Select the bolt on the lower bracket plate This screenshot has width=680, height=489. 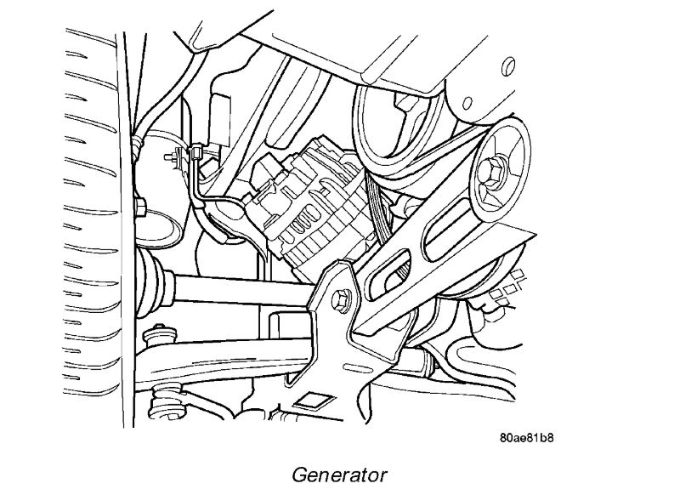pos(343,299)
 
